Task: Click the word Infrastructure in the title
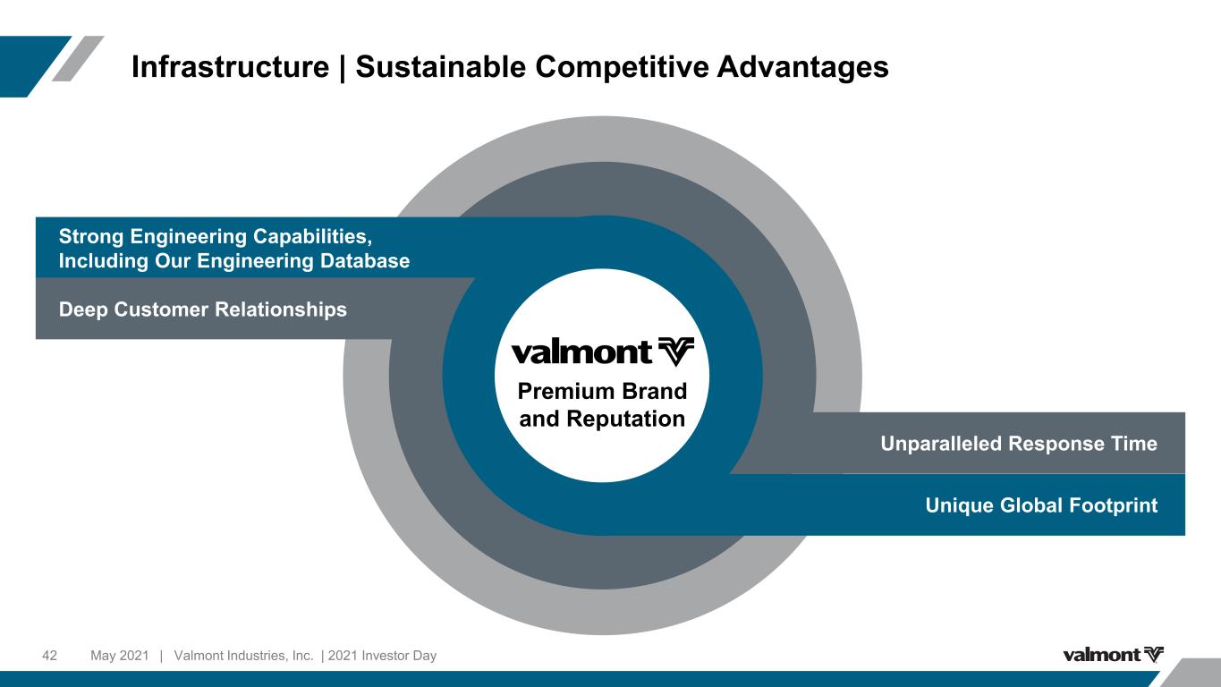coord(230,67)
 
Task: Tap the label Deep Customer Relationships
coord(202,310)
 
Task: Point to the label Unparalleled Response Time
coord(1019,444)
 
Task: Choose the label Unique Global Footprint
coord(1041,505)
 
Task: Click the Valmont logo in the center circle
coord(602,352)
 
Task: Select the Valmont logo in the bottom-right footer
coord(1113,655)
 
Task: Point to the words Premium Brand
coord(602,392)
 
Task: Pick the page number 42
coord(50,656)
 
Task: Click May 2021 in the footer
coord(119,656)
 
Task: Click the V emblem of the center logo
coord(675,352)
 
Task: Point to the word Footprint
coord(1113,505)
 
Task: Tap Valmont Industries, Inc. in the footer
coord(244,656)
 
